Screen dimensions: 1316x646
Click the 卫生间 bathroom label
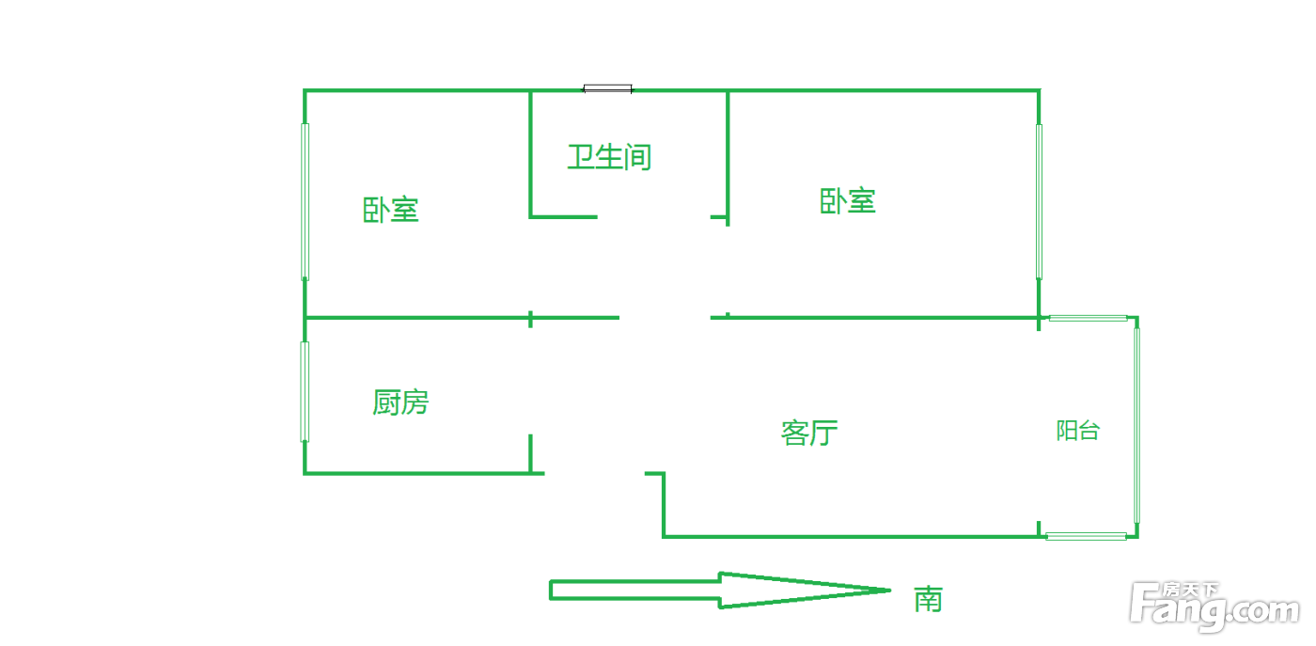[x=609, y=157]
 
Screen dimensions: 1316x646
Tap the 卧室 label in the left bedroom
[x=391, y=210]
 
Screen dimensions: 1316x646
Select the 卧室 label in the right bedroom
[x=848, y=201]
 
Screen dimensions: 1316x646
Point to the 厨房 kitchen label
[x=400, y=402]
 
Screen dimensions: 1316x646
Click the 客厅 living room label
[x=809, y=433]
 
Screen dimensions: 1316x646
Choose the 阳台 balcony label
[x=1078, y=431]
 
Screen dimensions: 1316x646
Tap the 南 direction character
[x=929, y=600]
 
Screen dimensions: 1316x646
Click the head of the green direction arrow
[x=805, y=591]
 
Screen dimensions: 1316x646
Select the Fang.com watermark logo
[x=1214, y=607]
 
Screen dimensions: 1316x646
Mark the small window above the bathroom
[x=607, y=88]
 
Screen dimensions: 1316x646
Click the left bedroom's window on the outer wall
[x=305, y=201]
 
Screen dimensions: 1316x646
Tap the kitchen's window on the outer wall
[x=305, y=391]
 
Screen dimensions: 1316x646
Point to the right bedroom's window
[x=1039, y=201]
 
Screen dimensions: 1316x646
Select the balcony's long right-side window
[x=1136, y=426]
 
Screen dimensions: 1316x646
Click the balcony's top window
[x=1089, y=318]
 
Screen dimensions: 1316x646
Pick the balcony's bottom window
[x=1086, y=536]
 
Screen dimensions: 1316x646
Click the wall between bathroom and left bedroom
[x=530, y=154]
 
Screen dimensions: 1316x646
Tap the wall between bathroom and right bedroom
[x=728, y=158]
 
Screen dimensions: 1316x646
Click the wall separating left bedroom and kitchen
[x=462, y=318]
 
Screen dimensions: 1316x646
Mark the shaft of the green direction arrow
[x=635, y=591]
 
